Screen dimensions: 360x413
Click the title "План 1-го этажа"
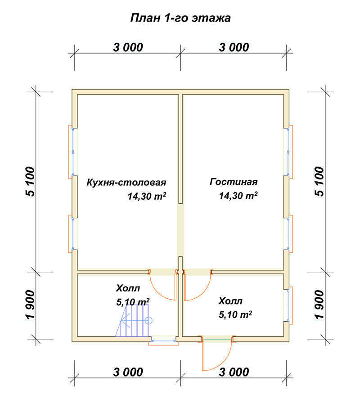tap(180, 18)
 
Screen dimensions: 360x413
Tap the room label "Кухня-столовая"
tap(126, 182)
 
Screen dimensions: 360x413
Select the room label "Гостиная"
tap(234, 182)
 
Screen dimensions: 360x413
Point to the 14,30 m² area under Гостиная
tap(238, 196)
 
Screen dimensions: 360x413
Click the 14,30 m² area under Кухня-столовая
tap(147, 196)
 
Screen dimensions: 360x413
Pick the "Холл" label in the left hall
tap(128, 288)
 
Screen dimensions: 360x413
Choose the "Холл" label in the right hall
tap(230, 301)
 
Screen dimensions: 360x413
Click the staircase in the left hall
tap(133, 321)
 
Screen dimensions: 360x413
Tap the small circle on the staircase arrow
tap(148, 321)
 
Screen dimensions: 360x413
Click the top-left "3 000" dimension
tap(128, 47)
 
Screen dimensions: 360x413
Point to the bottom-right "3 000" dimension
tap(234, 372)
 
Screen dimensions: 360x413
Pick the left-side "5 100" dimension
tap(30, 181)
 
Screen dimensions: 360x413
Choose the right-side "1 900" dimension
tap(319, 305)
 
